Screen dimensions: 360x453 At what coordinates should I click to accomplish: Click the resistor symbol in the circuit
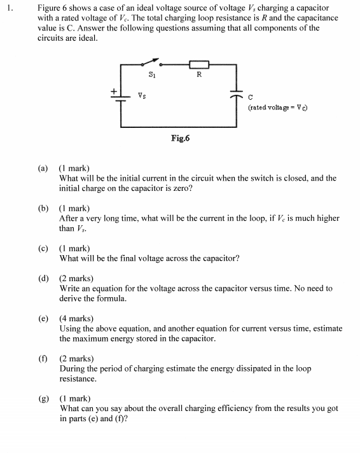pyautogui.click(x=199, y=65)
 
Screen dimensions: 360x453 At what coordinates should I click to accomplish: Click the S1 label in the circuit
pyautogui.click(x=151, y=74)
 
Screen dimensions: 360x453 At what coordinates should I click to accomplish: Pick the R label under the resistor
pyautogui.click(x=200, y=76)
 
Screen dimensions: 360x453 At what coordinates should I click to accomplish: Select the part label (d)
pyautogui.click(x=43, y=279)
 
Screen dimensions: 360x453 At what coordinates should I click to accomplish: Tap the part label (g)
pyautogui.click(x=43, y=399)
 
